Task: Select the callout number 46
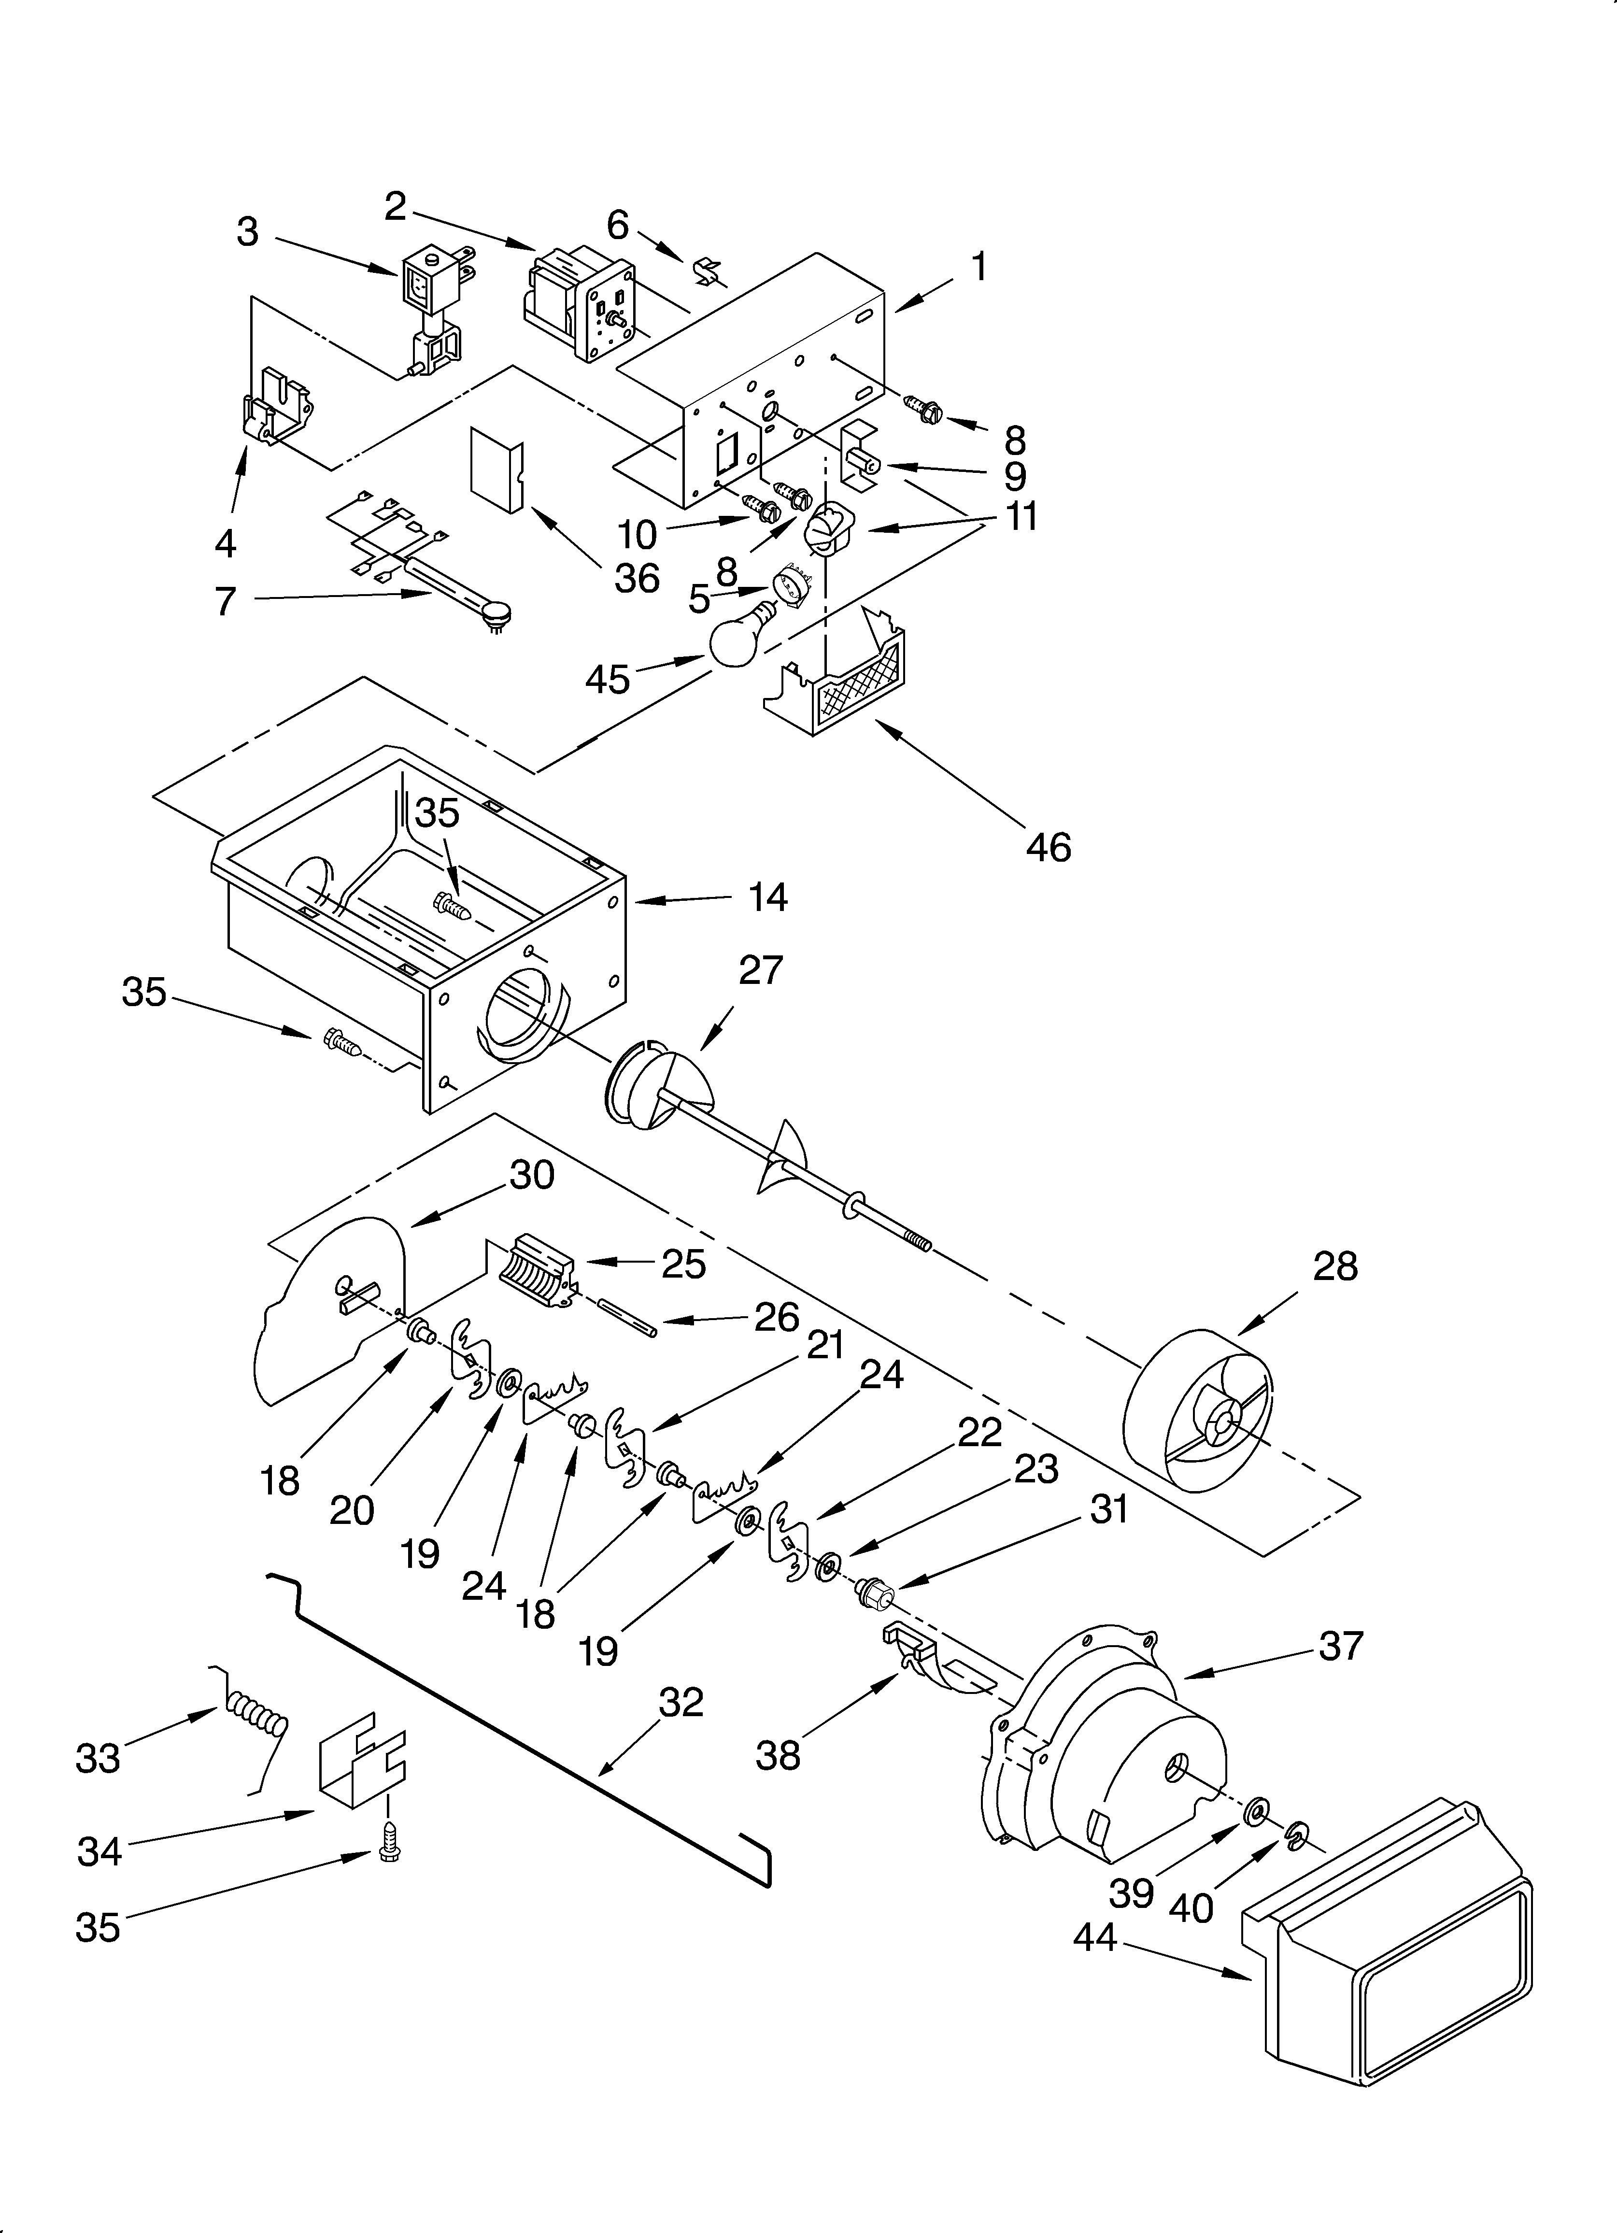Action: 1048,847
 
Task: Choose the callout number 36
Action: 636,578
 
